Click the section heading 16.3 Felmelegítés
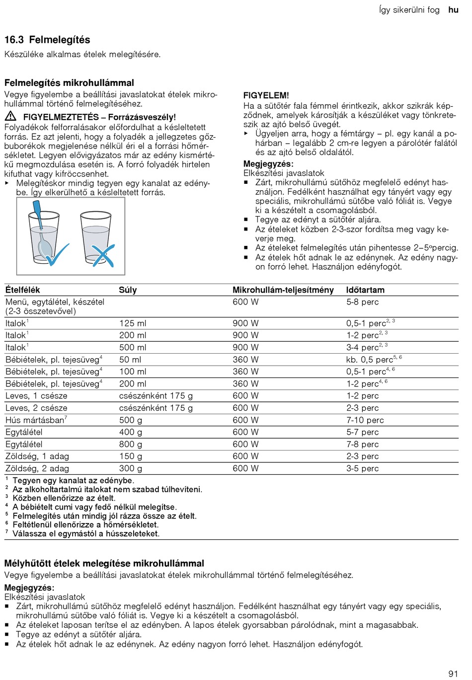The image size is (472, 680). [x=47, y=40]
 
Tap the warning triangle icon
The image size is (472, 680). [x=10, y=117]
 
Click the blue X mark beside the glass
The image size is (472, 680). [x=103, y=256]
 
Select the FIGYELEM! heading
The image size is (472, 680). [x=266, y=95]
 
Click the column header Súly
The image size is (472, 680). [x=128, y=290]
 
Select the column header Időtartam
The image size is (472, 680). [x=365, y=290]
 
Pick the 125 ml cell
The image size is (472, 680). [x=133, y=323]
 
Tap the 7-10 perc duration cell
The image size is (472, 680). [x=365, y=420]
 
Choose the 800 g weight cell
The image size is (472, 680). [x=130, y=445]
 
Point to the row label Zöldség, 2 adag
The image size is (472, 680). [x=37, y=468]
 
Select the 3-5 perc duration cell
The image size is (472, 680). [x=362, y=468]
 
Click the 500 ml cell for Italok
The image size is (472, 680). [x=133, y=348]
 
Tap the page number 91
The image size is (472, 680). [x=453, y=674]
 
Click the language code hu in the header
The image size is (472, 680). [x=453, y=10]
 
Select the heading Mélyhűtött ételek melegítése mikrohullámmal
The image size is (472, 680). [x=104, y=564]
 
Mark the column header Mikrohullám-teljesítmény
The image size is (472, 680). [x=283, y=290]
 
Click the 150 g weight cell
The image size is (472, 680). [x=130, y=456]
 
